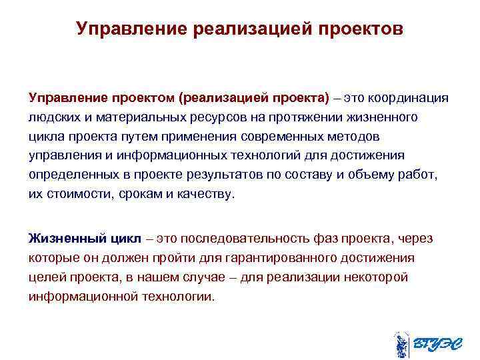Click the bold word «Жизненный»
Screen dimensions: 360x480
[x=61, y=238]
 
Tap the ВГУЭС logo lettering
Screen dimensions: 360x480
[x=434, y=344]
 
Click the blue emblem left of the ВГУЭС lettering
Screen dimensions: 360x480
[x=400, y=344]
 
